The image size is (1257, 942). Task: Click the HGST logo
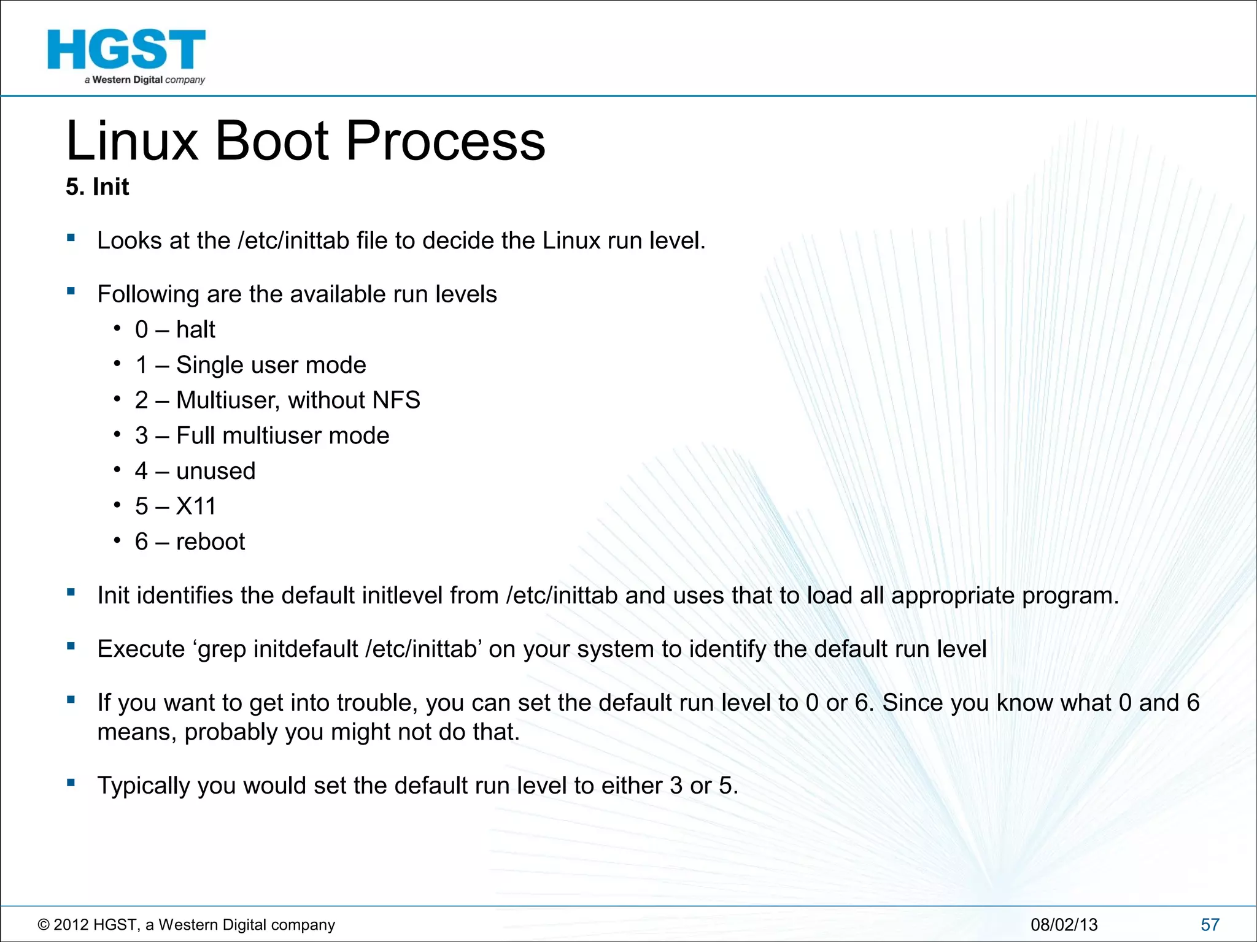pos(126,50)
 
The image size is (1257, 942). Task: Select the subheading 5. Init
pos(98,187)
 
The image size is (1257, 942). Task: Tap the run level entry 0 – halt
pos(175,330)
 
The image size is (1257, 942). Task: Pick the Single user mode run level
pos(271,366)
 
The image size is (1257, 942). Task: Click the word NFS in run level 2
pos(396,400)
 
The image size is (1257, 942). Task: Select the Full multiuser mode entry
pos(282,436)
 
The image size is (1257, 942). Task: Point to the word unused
pos(215,472)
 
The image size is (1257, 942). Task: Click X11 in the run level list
pos(196,507)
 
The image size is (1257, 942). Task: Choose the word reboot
pos(210,542)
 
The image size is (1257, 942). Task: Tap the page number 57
pos(1210,925)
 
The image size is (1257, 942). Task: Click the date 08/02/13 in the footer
pos(1064,925)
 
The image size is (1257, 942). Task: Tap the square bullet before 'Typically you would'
pos(71,783)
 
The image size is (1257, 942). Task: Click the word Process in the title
pos(446,141)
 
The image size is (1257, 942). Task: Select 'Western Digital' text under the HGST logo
pos(128,80)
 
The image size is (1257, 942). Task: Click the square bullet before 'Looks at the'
pos(71,238)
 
